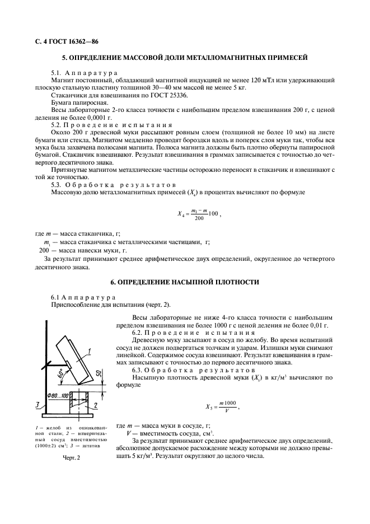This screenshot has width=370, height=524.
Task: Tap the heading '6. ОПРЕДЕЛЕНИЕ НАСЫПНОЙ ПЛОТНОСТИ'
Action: [x=185, y=282]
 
